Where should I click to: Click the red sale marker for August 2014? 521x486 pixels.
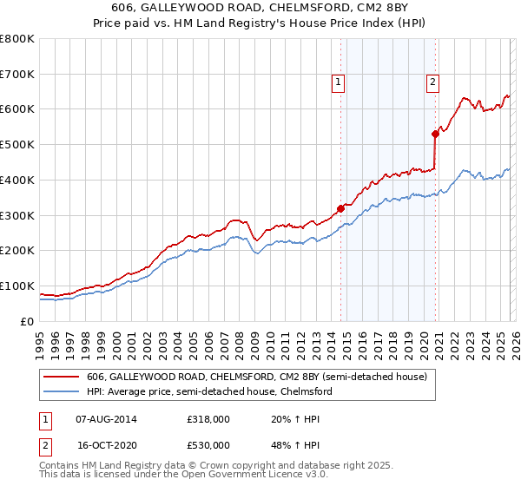click(x=340, y=208)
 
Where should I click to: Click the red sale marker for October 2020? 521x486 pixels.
click(x=436, y=134)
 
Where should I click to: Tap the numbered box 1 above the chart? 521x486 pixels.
click(x=338, y=82)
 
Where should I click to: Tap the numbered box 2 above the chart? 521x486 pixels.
click(x=432, y=82)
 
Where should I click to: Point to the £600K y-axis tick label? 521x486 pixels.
click(x=17, y=109)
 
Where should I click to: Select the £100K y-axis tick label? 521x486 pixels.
click(x=17, y=286)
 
